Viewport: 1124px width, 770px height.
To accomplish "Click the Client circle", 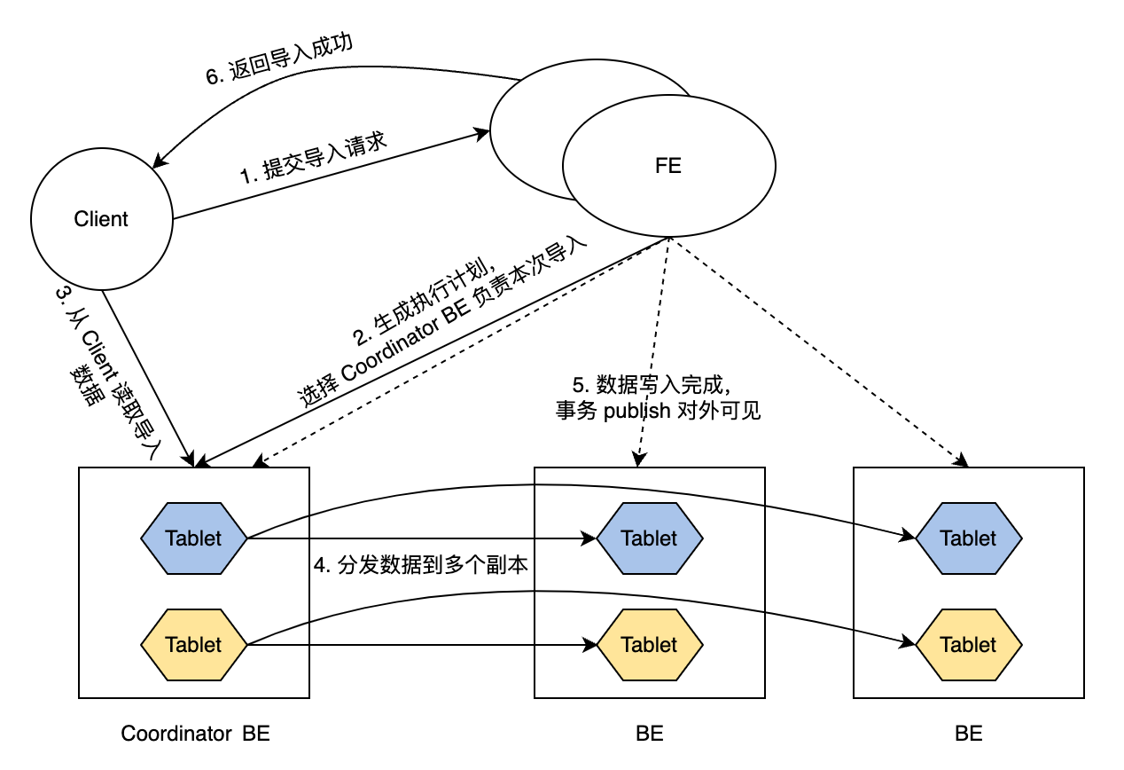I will pyautogui.click(x=101, y=219).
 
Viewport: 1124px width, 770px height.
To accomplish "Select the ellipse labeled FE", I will pyautogui.click(x=668, y=166).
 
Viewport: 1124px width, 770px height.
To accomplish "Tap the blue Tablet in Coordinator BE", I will pyautogui.click(x=193, y=538).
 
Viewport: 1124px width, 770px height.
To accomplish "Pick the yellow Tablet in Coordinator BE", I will pyautogui.click(x=193, y=644).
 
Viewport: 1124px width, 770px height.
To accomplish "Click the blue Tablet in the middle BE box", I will pyautogui.click(x=649, y=538).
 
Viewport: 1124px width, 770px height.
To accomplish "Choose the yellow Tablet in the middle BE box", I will pyautogui.click(x=649, y=644).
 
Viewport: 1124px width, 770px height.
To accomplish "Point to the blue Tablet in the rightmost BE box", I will pyautogui.click(x=968, y=538).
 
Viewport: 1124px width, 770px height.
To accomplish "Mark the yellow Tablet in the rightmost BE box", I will pyautogui.click(x=968, y=644).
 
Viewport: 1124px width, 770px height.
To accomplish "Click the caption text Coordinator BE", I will pyautogui.click(x=195, y=734).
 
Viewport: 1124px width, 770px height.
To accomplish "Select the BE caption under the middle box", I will pyautogui.click(x=649, y=734).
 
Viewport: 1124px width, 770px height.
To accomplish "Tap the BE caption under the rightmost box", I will pyautogui.click(x=968, y=734).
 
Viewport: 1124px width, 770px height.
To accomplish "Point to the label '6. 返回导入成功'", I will pyautogui.click(x=279, y=60).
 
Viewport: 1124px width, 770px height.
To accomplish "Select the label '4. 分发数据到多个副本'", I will pyautogui.click(x=421, y=565).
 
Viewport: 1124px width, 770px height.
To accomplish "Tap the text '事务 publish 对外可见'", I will pyautogui.click(x=658, y=411).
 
